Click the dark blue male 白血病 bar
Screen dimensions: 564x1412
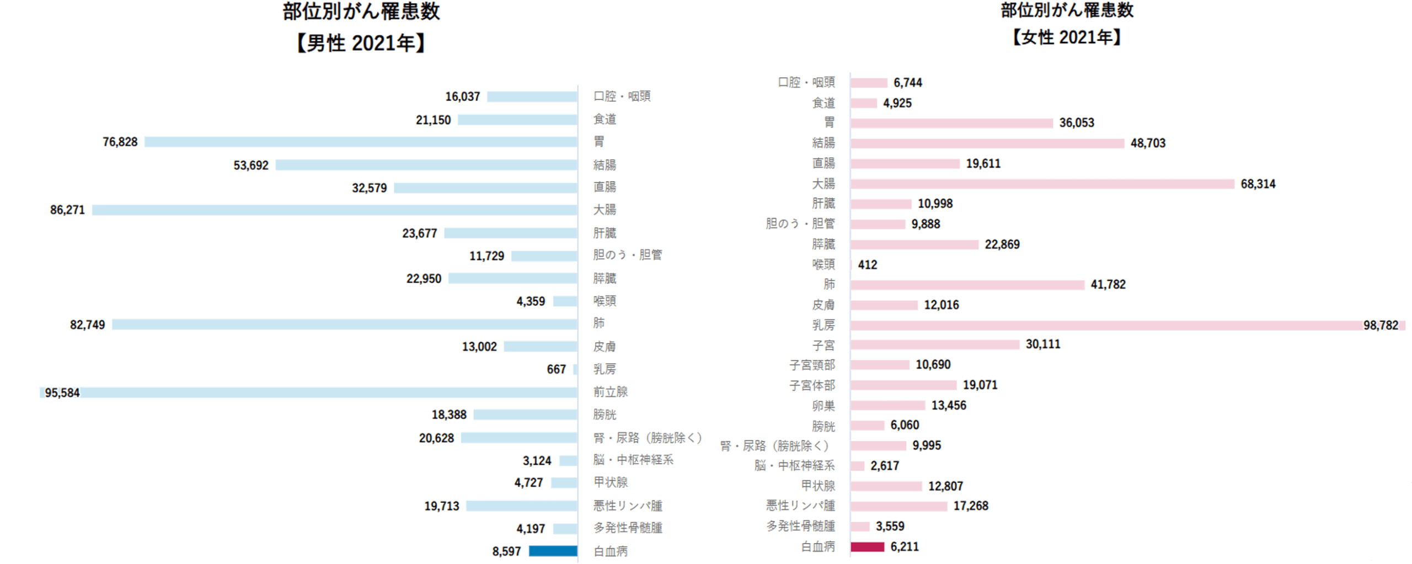[553, 551]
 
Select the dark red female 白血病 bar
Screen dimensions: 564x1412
[867, 546]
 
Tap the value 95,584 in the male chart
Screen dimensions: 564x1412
[62, 393]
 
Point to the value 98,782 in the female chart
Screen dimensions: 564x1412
[1381, 326]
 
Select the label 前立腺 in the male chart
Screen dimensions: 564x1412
[611, 392]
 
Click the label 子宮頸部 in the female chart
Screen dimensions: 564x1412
[812, 365]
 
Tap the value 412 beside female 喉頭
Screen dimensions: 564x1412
[867, 265]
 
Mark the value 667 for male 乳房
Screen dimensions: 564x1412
[556, 369]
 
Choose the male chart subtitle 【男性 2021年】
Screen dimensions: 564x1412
[361, 43]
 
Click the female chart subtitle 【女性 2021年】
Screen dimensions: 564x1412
[1067, 38]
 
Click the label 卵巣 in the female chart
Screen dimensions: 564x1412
[823, 406]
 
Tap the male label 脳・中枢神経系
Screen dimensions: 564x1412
[633, 460]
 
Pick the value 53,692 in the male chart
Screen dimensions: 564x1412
[251, 166]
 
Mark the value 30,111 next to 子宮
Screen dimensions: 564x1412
[1042, 344]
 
